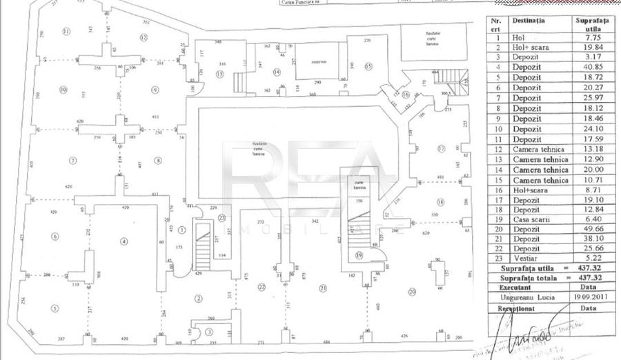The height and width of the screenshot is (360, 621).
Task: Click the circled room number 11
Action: tap(66, 32)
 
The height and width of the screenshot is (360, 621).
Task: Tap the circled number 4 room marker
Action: tap(124, 241)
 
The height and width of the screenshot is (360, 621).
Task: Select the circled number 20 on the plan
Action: tap(412, 292)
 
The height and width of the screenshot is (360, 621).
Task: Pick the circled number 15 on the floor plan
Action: tap(368, 66)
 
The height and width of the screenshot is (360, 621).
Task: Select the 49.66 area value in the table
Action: tap(593, 229)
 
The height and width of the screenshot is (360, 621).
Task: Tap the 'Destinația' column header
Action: tap(528, 20)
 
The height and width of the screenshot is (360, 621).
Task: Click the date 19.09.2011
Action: tap(593, 297)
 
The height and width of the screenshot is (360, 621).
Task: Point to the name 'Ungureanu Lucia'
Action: tap(532, 297)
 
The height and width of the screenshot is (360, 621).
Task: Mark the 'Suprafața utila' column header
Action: tap(593, 24)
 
